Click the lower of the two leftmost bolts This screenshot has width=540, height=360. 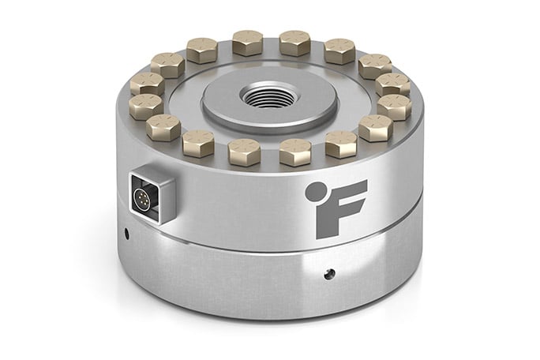146,105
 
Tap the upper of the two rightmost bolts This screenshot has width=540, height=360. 391,84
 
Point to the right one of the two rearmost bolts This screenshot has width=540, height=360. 294,41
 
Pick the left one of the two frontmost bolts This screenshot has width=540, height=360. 245,148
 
